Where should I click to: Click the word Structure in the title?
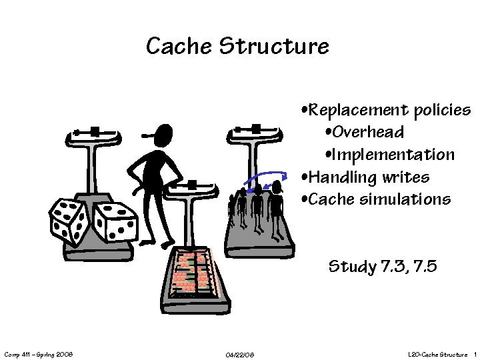coord(273,47)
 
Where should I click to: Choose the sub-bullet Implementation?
coord(394,155)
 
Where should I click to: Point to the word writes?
coord(407,177)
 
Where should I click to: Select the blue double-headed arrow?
coord(262,179)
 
